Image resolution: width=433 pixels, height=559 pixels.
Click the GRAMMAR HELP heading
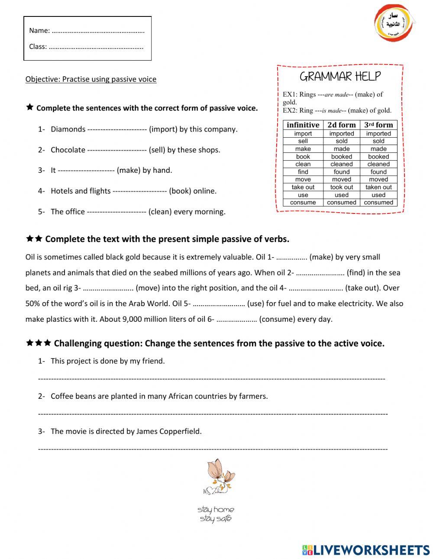tap(340, 77)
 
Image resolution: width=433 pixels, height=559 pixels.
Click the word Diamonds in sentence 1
tap(68, 129)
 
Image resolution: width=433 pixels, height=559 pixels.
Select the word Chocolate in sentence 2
tap(68, 150)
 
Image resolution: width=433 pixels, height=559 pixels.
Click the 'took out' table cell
tap(342, 187)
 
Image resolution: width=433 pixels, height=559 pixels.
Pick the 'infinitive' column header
tap(303, 125)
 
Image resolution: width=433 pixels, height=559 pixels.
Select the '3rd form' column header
tap(378, 125)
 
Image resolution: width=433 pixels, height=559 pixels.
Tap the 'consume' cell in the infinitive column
tap(303, 202)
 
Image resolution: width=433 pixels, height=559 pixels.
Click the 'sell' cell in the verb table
tap(303, 141)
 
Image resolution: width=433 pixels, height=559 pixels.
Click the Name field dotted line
tap(98, 31)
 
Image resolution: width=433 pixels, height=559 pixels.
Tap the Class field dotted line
tap(96, 47)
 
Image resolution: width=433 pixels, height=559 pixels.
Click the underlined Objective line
tap(91, 79)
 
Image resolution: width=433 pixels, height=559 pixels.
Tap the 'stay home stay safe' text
tap(216, 514)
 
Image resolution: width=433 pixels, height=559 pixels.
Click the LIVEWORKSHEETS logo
tap(366, 550)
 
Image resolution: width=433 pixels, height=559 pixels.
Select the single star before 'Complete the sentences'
tap(29, 107)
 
